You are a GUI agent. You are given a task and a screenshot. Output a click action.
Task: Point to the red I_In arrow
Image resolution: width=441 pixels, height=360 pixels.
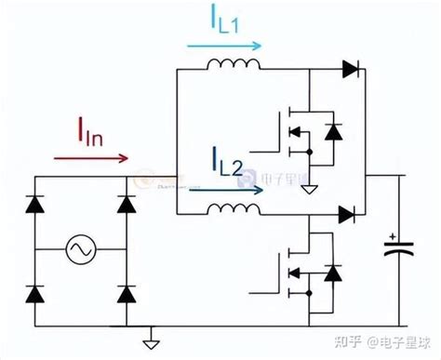click(x=92, y=157)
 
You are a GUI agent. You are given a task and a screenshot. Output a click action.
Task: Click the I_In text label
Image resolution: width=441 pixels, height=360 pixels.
click(x=92, y=135)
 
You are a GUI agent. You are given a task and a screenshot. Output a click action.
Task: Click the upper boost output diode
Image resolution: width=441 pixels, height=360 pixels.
click(x=350, y=68)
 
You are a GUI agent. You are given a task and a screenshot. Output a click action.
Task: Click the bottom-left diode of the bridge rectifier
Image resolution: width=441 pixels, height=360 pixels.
click(x=35, y=294)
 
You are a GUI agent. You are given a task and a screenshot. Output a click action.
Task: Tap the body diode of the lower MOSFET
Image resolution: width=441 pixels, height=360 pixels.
click(x=331, y=273)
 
